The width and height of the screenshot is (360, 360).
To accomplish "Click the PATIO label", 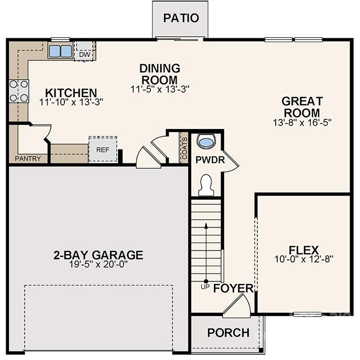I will pos(181,18).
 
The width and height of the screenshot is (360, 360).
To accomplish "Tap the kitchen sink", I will pos(61,51).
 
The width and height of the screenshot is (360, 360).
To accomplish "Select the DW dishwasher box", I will pos(84,52).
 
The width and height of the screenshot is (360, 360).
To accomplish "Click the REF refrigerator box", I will pos(102,149).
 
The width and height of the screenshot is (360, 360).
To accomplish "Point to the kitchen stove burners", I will pos(18,91).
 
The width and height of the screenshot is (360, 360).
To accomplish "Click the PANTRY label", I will pos(28,158).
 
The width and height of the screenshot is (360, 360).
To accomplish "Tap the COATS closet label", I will pos(184,148).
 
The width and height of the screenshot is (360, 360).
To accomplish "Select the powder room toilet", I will pos(206,185).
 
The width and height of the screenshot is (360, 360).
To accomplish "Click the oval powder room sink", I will pos(207,142).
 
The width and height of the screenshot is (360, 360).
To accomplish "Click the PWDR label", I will pos(210,160).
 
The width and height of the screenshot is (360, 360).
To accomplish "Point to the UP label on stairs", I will pos(205,287).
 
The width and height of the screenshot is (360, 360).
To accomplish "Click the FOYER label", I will pos(233,289).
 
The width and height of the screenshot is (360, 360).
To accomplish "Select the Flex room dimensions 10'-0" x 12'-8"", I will pos(304,258).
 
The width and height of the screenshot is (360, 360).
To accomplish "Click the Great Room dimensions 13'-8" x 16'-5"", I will pos(302,122).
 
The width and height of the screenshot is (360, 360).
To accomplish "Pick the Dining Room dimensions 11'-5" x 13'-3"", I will pos(160,89).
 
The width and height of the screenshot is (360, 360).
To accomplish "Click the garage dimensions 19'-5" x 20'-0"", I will pos(98,264).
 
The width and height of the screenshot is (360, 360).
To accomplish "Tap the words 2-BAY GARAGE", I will pos(98,255).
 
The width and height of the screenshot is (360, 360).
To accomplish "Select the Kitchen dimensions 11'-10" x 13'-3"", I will pos(71,102).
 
